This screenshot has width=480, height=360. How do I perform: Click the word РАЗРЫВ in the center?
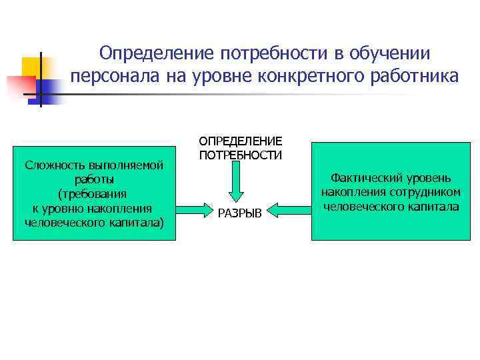click(240, 213)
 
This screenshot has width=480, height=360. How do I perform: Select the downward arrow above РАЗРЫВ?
click(240, 179)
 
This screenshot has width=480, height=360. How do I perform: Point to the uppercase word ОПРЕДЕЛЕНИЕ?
click(240, 141)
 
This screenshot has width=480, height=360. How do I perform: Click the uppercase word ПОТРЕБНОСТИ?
click(240, 155)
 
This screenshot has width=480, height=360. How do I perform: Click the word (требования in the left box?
click(94, 194)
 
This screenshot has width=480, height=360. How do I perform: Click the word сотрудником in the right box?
click(425, 193)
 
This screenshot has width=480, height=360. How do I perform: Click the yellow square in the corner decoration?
click(32, 66)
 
